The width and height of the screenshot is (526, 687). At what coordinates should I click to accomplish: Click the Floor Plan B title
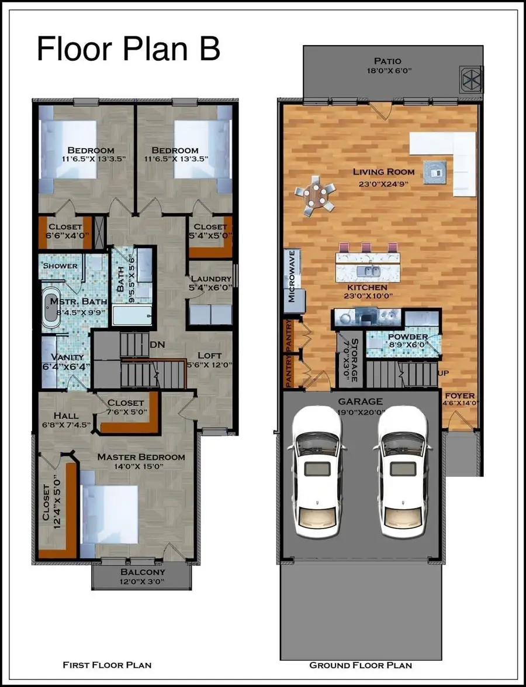(x=128, y=49)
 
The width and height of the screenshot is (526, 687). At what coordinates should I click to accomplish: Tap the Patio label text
(x=388, y=61)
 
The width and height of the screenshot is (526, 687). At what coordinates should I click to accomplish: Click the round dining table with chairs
(x=316, y=197)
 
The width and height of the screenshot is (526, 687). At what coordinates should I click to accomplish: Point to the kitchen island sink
(x=370, y=271)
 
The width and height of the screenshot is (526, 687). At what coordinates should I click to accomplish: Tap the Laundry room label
(x=210, y=279)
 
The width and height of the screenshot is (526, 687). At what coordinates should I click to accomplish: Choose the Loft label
(x=209, y=355)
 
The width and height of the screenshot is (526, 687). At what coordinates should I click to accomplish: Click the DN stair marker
(x=157, y=345)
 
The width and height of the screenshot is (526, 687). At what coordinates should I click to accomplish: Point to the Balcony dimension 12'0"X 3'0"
(x=143, y=582)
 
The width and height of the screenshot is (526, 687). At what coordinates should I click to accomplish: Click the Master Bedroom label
(x=141, y=456)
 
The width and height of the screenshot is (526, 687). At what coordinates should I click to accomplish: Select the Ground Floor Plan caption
(x=361, y=665)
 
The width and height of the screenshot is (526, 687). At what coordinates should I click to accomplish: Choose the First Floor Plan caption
(x=107, y=665)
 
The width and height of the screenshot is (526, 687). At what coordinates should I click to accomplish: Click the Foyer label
(x=460, y=396)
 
